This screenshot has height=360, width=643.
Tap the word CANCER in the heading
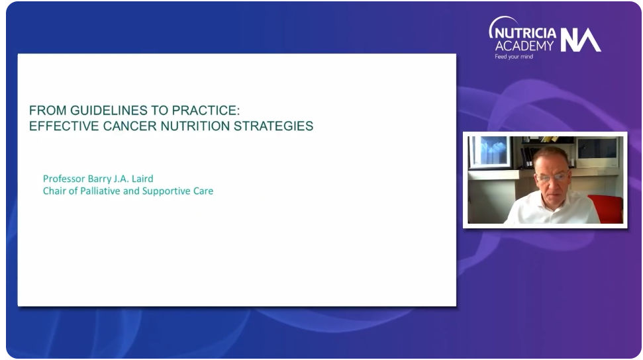130,126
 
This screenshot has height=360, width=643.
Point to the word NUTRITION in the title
195,126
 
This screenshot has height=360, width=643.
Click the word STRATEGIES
273,126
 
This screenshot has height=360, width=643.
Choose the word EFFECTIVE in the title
64,126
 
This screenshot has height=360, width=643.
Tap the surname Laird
142,179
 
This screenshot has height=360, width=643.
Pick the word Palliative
100,191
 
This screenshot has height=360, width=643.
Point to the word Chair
54,191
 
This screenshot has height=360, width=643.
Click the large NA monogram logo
580,40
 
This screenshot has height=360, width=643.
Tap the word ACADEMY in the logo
524,46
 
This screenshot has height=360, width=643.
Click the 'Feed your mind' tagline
514,57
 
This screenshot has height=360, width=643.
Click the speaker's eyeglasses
552,177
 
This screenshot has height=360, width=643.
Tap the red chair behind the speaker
609,208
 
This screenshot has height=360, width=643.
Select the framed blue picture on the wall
490,152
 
